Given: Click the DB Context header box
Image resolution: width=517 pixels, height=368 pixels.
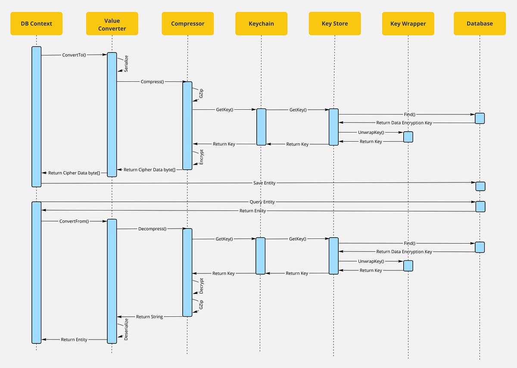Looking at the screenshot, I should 36,24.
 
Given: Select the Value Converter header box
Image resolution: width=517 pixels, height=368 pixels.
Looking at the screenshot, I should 112,24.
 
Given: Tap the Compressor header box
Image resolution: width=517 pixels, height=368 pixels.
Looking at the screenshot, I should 188,24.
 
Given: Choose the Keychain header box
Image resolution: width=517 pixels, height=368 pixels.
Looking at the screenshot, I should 261,24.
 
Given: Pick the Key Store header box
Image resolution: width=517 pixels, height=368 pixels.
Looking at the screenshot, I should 335,24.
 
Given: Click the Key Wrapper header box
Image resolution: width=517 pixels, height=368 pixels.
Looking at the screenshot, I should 408,24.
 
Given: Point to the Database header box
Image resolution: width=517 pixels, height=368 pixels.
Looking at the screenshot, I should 480,24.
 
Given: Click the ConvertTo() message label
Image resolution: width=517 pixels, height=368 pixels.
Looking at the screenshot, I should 74,55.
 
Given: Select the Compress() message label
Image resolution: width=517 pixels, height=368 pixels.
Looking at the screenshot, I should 152,81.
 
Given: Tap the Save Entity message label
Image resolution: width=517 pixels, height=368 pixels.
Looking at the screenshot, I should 264,183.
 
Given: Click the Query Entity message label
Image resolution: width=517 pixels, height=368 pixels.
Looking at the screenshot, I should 262,202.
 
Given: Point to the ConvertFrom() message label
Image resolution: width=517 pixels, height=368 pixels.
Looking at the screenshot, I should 74,221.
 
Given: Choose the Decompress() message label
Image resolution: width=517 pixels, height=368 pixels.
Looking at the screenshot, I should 152,229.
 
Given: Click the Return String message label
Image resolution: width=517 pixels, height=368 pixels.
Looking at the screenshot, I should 149,317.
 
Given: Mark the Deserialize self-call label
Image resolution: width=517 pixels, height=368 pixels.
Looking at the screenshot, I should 126,329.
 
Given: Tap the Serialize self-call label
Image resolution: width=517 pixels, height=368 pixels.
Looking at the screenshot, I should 126,63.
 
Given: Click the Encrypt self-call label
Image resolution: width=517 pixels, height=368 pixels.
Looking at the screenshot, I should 202,158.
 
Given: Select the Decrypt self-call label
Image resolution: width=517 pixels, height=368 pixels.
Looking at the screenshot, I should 202,286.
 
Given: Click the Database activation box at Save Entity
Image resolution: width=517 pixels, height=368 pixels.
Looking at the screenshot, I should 480,186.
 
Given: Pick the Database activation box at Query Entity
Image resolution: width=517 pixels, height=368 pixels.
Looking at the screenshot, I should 480,206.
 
